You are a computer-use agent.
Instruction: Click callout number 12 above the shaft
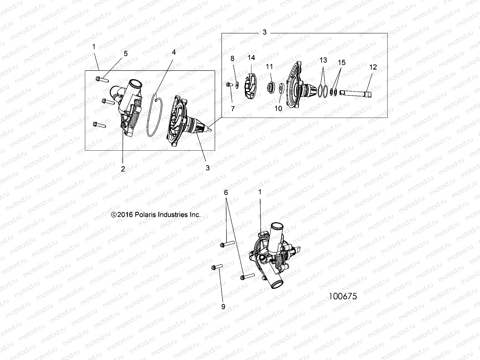(373, 67)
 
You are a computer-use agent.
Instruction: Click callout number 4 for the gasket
(174, 52)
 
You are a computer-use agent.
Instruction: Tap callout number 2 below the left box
(123, 169)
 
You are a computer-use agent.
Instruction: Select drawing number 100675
(343, 296)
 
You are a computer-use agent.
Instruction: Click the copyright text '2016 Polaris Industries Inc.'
(156, 215)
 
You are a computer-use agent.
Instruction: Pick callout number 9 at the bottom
(223, 307)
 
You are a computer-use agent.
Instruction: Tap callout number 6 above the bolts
(226, 192)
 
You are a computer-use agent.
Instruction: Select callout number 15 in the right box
(342, 62)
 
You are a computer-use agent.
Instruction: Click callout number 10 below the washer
(278, 108)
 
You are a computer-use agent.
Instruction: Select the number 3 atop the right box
(264, 32)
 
